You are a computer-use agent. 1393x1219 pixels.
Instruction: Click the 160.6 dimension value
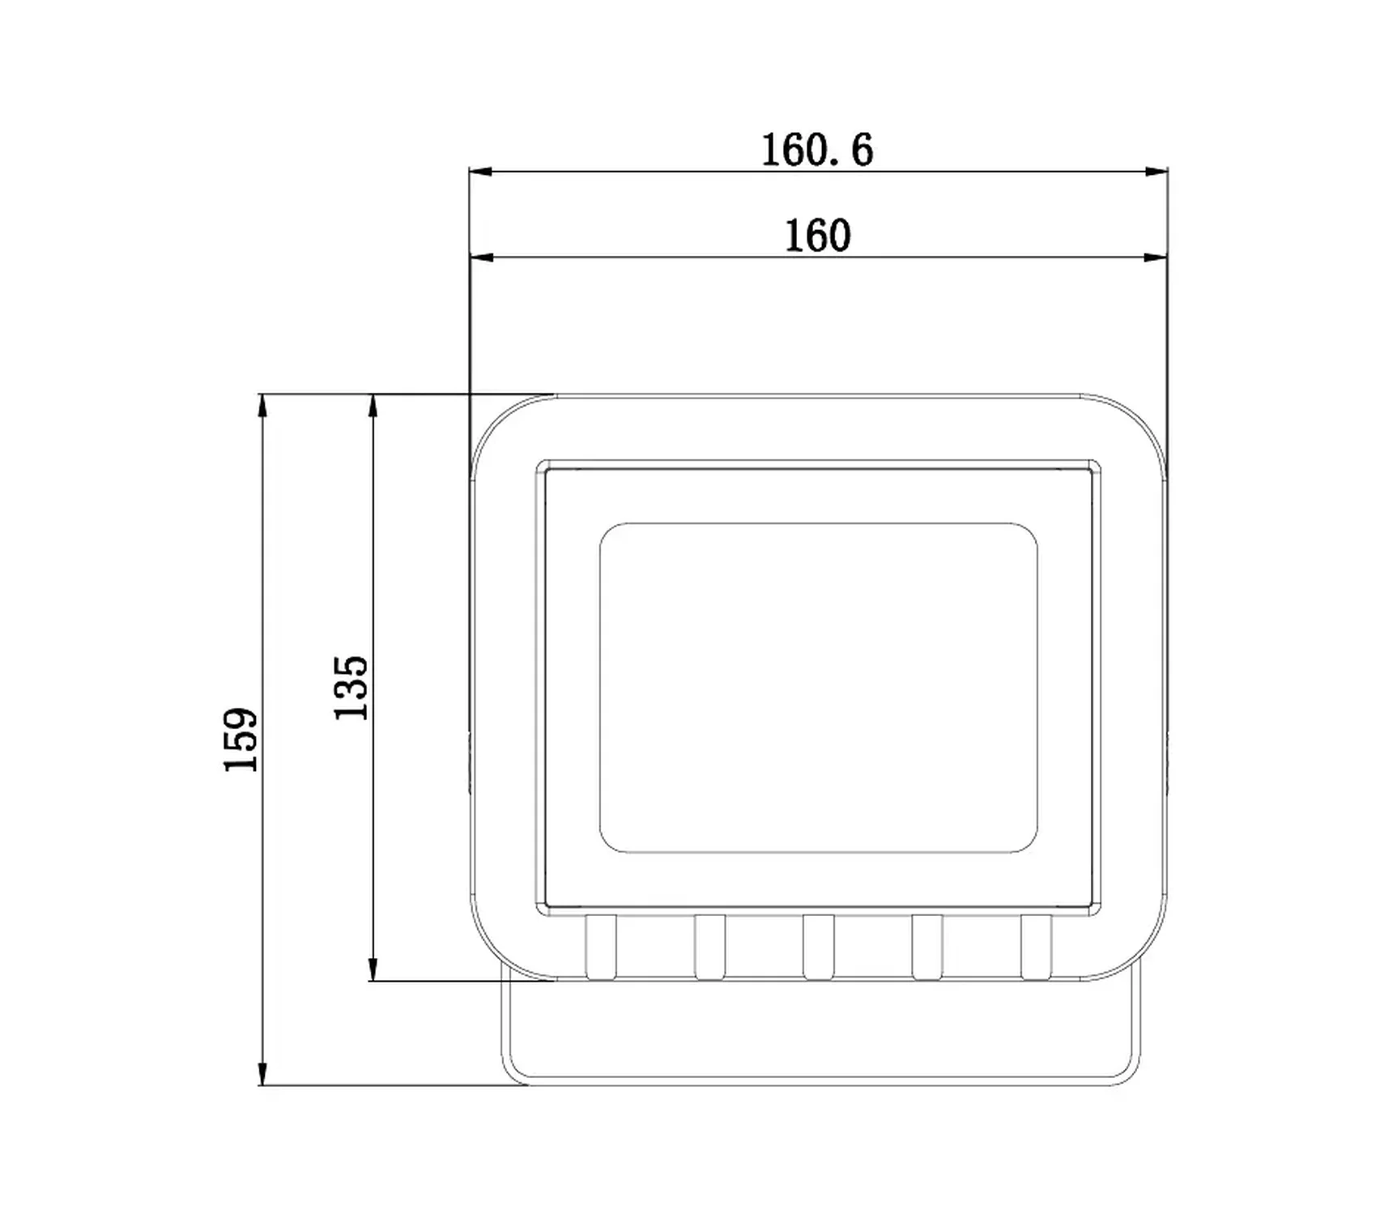click(817, 151)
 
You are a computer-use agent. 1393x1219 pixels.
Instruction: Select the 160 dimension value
click(817, 237)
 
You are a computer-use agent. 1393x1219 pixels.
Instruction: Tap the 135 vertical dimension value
click(351, 688)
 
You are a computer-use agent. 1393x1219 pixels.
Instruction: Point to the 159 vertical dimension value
click(241, 739)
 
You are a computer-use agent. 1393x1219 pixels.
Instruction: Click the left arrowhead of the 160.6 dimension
click(481, 172)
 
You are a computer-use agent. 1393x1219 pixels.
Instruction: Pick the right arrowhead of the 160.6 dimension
click(1157, 172)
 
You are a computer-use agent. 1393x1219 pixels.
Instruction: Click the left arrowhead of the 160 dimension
click(481, 258)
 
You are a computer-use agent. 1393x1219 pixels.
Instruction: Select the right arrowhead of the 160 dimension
click(1157, 258)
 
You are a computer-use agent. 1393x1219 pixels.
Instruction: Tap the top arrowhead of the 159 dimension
click(262, 406)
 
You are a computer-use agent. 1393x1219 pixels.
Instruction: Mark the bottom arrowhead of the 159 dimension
click(262, 1074)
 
